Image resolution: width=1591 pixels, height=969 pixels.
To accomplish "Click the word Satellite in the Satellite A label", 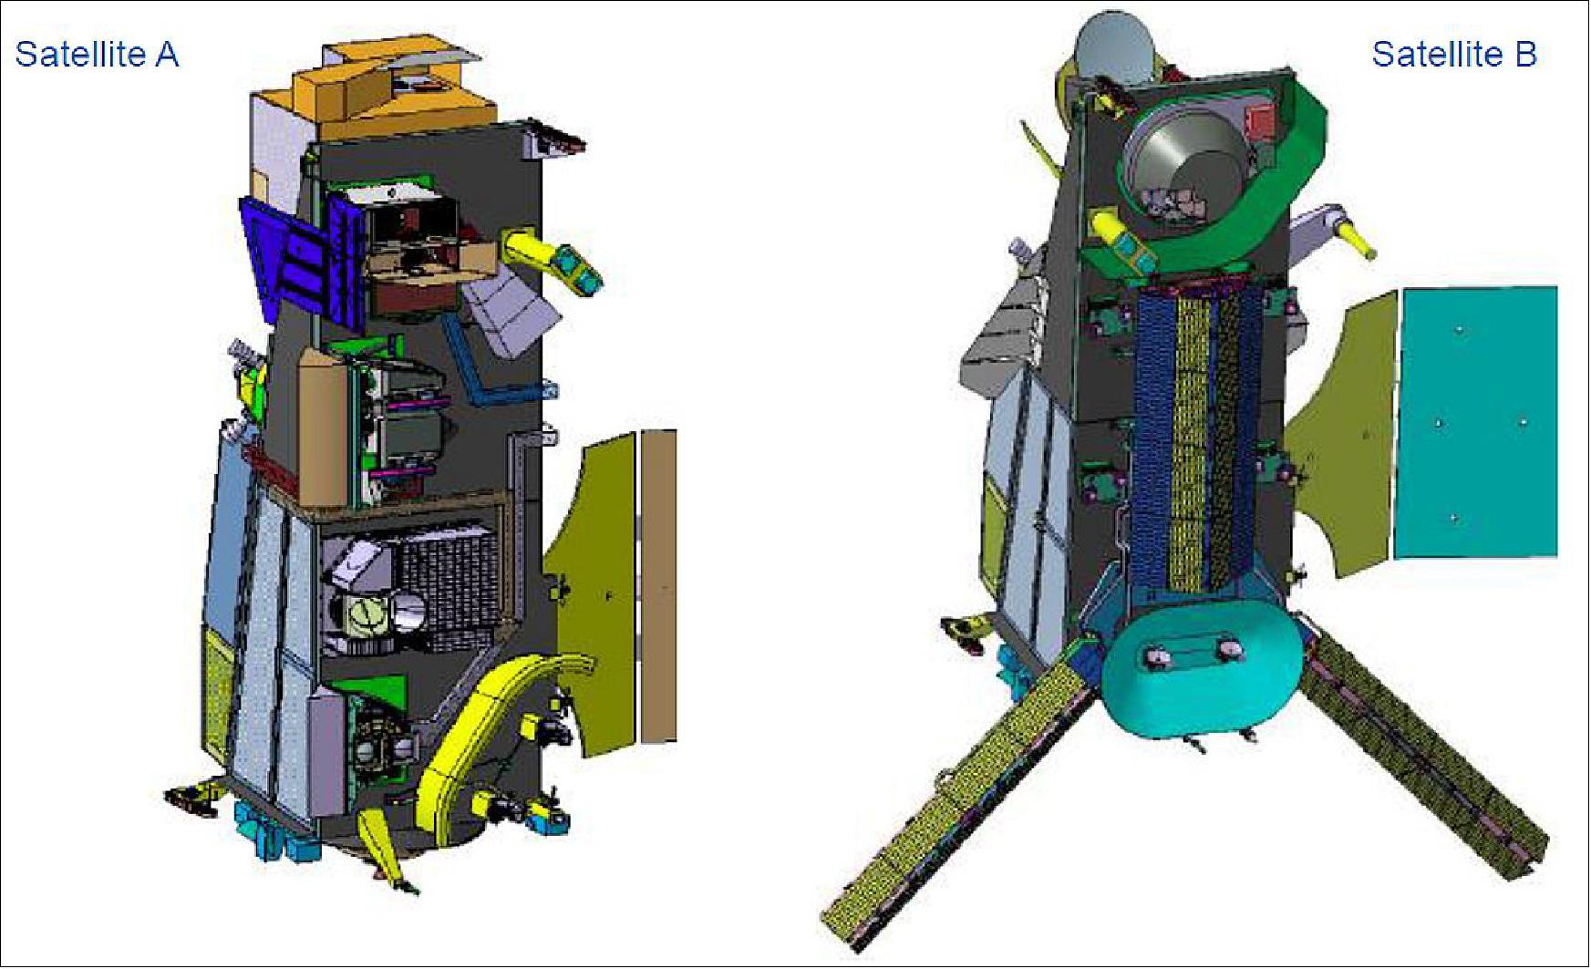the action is point(80,55).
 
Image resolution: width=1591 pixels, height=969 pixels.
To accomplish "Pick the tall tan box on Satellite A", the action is point(324,428).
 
